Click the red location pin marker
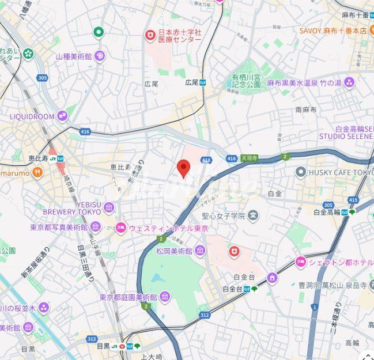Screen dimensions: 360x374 point(183,168)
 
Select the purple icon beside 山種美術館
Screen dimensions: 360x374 point(100,56)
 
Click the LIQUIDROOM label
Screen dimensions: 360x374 point(32,116)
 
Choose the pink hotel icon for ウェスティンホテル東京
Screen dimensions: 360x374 point(120,228)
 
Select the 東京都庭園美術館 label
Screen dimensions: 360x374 point(127,297)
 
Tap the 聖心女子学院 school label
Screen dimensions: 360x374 point(223,216)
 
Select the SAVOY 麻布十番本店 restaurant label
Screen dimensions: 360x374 point(333,30)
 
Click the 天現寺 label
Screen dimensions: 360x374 point(249,158)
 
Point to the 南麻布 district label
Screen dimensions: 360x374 point(306,109)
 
